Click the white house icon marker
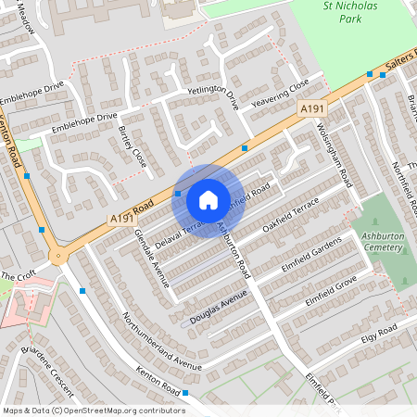coord(208,200)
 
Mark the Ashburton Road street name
coord(234,249)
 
